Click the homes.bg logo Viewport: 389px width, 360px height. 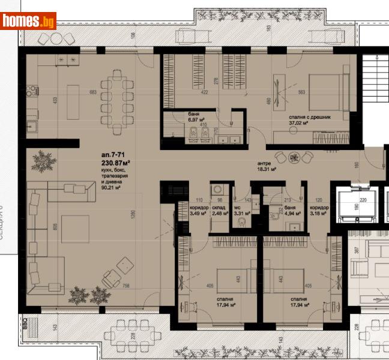coord(29,22)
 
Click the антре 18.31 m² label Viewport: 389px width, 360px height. coord(265,166)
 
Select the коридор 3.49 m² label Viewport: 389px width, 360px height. coord(198,210)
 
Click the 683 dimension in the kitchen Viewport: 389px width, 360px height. coord(92,92)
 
